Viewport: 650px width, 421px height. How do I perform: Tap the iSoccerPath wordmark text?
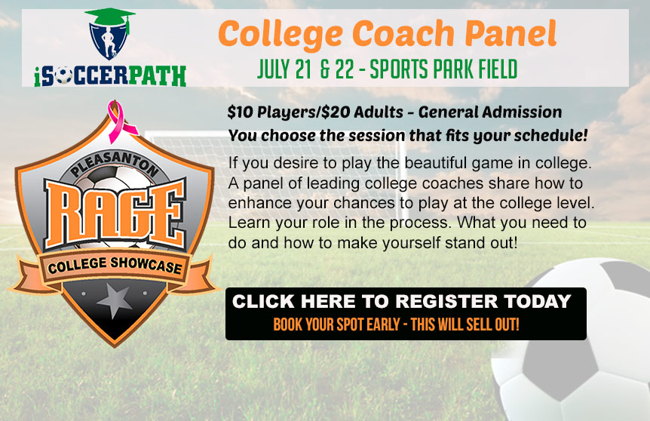[109, 75]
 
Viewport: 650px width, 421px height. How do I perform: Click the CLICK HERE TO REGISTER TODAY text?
[401, 302]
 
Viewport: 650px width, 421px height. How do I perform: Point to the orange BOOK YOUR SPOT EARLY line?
[396, 325]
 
